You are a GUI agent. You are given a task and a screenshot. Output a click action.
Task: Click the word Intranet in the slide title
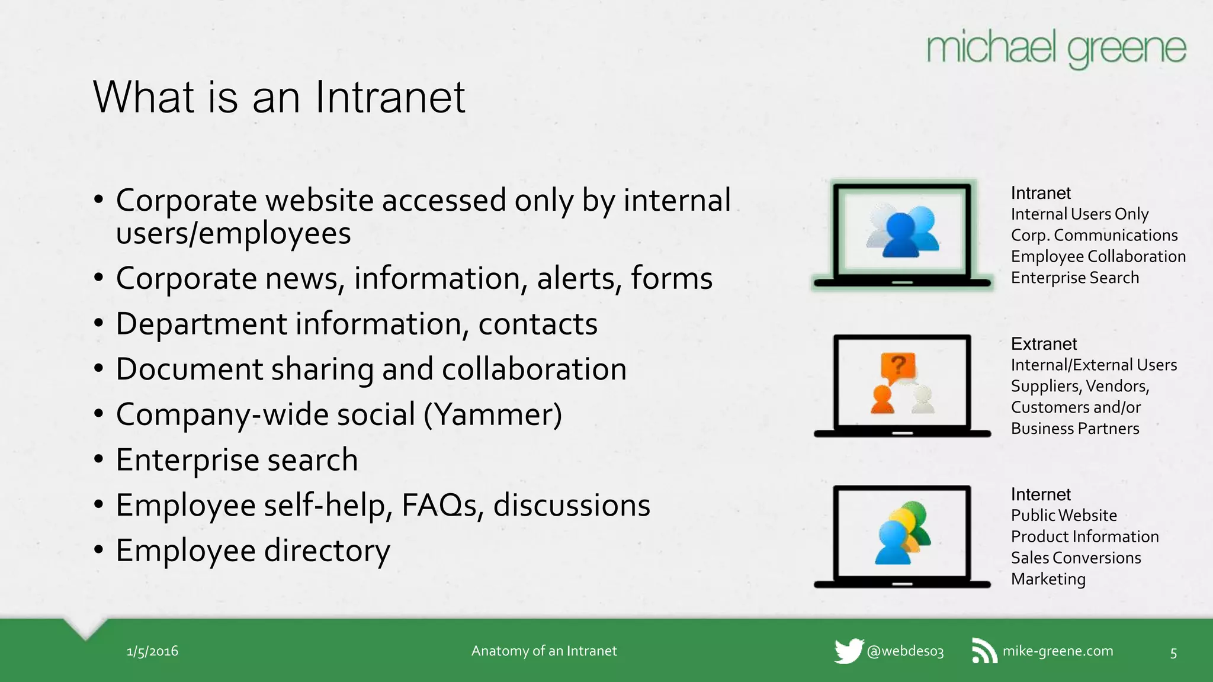point(390,97)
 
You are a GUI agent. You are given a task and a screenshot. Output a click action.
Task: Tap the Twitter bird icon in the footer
point(848,651)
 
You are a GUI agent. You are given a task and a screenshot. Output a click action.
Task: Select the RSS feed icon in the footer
point(984,651)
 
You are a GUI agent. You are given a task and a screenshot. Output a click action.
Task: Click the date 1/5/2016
point(152,651)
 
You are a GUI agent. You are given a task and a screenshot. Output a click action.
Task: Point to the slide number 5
point(1173,653)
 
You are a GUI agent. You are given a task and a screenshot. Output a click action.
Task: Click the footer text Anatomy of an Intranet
point(544,651)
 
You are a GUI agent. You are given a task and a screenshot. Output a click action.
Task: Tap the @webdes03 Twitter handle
point(905,651)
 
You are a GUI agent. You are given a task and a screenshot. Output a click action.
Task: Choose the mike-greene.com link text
point(1058,651)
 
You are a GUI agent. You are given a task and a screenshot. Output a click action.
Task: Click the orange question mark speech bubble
point(898,367)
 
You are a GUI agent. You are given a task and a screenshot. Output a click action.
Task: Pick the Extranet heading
point(1044,344)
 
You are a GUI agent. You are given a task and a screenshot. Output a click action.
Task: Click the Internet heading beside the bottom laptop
point(1041,494)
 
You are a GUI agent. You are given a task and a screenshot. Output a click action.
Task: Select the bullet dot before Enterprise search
point(99,460)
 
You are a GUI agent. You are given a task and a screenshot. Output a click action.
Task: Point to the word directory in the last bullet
point(327,551)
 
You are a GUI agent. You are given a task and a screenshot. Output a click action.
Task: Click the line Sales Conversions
point(1076,558)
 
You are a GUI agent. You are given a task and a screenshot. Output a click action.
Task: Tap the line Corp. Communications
point(1094,235)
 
